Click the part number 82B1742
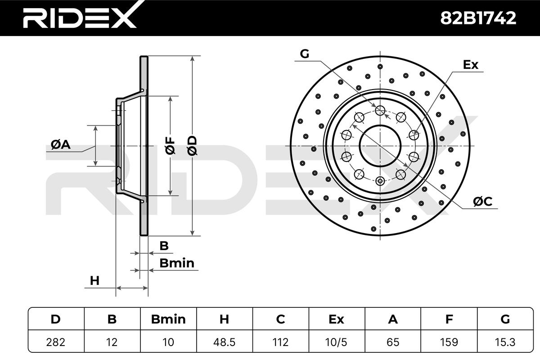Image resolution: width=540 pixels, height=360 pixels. coord(478,18)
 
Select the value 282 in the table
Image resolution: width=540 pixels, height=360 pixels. coord(56,342)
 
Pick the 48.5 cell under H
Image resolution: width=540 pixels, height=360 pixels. coord(224,342)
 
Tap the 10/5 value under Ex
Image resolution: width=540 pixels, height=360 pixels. coord(336,342)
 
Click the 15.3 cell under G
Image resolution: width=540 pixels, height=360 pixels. coord(505,342)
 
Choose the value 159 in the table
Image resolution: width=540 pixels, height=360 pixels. coord(449,342)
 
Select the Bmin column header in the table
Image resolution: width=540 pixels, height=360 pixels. coord(168,319)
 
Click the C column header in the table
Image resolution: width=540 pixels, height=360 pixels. coord(281,319)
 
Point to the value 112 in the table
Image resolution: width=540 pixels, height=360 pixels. coord(281,342)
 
